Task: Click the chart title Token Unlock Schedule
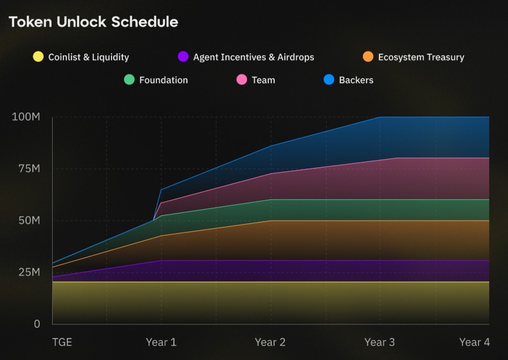coord(94,22)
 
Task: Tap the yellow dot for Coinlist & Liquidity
coord(39,57)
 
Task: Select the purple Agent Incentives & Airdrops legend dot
coord(183,57)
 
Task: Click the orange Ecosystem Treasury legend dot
coord(368,57)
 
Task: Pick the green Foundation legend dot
coord(130,80)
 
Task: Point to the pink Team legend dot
coord(242,80)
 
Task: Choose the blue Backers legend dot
coord(329,80)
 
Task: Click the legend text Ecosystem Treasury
coord(421,57)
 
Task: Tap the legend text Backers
coord(356,80)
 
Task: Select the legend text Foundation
coord(163,80)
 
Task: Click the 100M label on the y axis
coord(26,117)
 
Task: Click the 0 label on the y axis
coord(37,324)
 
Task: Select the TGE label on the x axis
coord(62,342)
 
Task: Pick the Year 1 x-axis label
coord(161,342)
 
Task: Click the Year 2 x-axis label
coord(270,342)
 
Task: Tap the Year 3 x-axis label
coord(379,342)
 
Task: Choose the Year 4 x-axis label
coord(475,342)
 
